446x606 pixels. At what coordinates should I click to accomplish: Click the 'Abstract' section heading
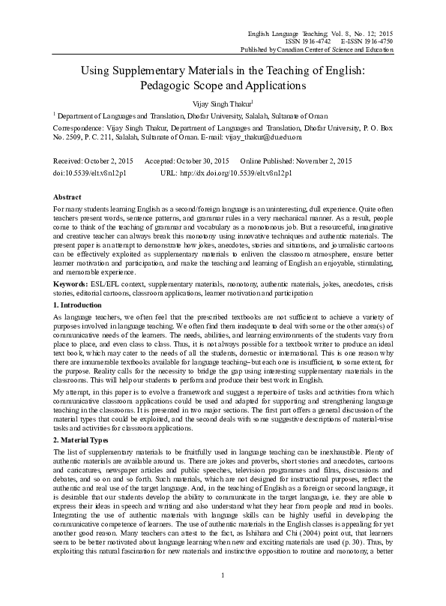[x=66, y=196]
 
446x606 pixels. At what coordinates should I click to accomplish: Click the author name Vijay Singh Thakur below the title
[x=222, y=102]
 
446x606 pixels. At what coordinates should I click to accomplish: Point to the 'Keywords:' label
[x=72, y=284]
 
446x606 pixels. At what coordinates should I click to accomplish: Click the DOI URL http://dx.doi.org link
[x=225, y=172]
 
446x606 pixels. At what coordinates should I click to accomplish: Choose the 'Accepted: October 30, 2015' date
[x=187, y=161]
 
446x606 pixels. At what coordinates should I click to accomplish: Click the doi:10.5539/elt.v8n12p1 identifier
[x=90, y=172]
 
